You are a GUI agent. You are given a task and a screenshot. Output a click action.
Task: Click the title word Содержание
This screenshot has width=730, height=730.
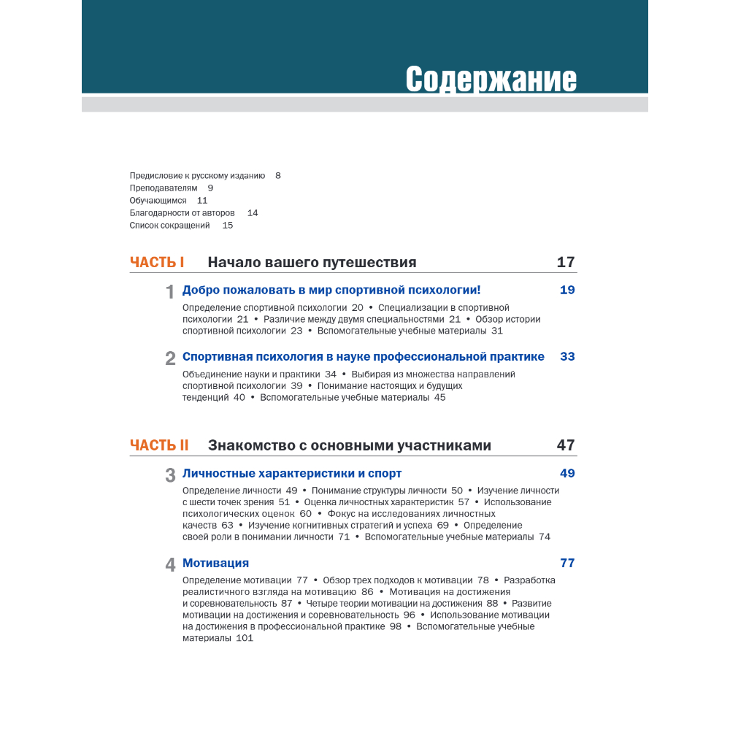491,79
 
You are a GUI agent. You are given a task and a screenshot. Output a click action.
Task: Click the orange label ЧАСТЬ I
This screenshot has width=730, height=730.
157,263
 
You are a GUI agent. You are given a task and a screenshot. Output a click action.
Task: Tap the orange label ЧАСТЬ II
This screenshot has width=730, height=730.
159,445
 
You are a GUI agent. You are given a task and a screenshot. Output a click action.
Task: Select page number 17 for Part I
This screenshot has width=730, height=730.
566,263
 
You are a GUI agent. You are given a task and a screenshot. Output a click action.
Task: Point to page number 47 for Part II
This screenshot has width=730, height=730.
566,445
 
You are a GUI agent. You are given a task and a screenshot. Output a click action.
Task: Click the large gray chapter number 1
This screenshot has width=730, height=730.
170,292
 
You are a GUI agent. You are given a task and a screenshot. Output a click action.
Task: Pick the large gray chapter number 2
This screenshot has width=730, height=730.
170,358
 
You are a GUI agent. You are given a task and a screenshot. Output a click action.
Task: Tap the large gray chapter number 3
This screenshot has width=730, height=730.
170,475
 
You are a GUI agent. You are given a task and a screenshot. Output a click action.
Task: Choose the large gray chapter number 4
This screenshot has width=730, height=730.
170,565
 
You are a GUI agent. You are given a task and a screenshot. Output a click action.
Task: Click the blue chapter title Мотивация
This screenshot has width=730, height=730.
215,563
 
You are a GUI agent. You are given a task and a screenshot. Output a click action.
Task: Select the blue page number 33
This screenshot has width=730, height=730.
567,357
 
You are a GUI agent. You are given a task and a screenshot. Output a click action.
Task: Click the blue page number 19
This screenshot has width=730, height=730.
567,290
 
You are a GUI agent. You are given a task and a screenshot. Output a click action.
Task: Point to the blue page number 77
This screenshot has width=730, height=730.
567,563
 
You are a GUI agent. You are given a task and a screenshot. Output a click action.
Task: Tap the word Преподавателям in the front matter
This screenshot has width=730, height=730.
164,188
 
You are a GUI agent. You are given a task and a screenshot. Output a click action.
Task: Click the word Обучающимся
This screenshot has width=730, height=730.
158,200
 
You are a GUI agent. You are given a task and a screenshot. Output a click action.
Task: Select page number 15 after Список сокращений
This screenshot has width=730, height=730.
228,226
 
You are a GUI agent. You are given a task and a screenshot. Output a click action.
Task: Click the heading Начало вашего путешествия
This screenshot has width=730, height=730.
312,263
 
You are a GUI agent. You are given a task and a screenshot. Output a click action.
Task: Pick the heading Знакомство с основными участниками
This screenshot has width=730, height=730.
349,445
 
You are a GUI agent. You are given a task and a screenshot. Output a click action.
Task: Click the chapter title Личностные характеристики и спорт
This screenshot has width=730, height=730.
292,473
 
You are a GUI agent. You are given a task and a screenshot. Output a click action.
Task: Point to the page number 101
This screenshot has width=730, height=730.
245,638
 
